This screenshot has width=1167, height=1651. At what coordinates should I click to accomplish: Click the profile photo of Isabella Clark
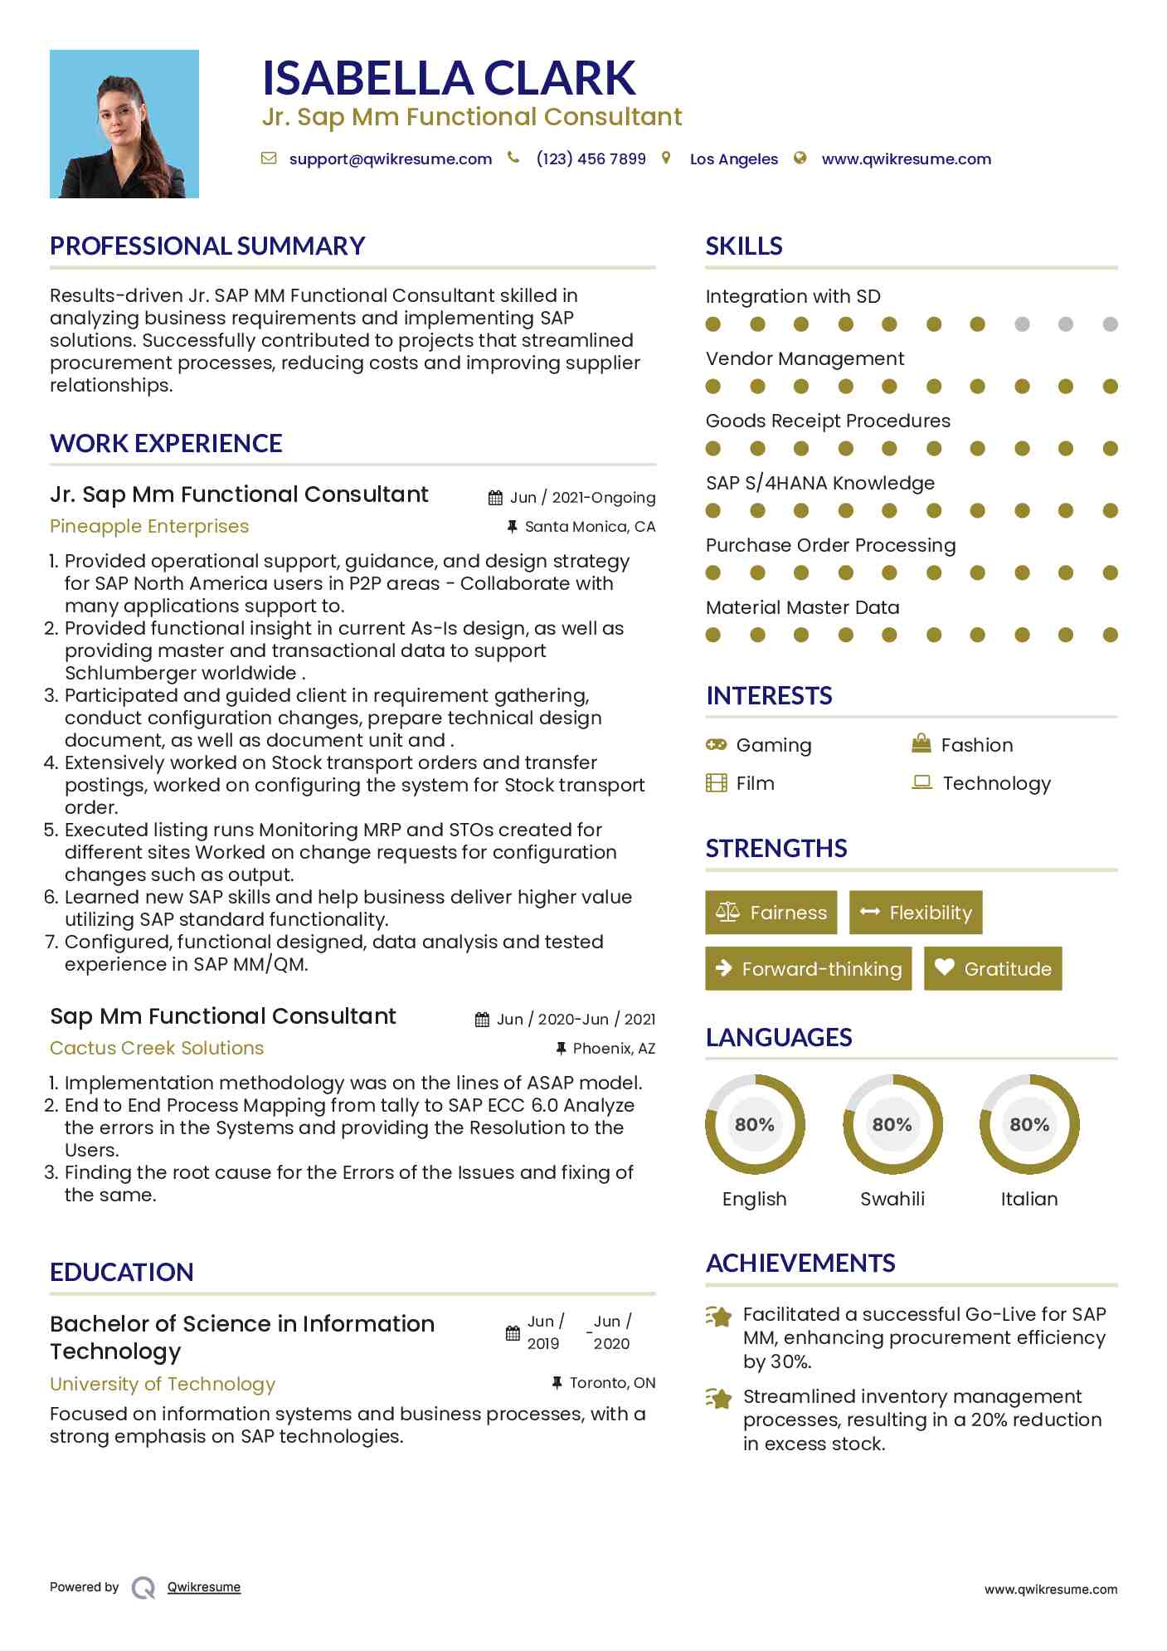tap(124, 124)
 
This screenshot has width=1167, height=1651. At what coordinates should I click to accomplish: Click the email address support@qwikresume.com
tap(390, 159)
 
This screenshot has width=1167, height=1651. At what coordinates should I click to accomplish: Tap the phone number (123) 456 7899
tap(591, 159)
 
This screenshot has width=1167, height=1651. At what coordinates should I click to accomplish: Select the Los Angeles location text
tap(733, 159)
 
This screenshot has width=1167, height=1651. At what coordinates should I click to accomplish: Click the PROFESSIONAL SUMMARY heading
tap(207, 246)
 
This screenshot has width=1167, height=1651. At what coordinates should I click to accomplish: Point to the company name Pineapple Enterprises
tap(149, 527)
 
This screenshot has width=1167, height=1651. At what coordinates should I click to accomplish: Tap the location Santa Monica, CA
tap(590, 527)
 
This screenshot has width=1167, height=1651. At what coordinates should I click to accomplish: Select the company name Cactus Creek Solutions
tap(157, 1049)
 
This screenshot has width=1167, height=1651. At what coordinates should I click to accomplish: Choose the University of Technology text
tap(163, 1385)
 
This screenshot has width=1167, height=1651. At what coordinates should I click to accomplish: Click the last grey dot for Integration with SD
tap(1111, 324)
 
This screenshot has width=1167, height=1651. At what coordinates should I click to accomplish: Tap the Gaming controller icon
tap(716, 745)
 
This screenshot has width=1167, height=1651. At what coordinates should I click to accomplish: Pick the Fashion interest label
tap(977, 745)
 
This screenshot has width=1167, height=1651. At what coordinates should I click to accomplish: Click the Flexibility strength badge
tap(916, 913)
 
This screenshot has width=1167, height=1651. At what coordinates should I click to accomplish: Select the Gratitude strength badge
tap(993, 969)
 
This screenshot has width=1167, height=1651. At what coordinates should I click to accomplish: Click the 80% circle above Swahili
tap(892, 1125)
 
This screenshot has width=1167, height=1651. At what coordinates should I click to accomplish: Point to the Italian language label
tap(1029, 1200)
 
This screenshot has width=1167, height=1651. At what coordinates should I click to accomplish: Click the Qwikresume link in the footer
tap(204, 1587)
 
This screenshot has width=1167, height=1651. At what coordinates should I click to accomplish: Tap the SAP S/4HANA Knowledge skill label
tap(819, 484)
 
